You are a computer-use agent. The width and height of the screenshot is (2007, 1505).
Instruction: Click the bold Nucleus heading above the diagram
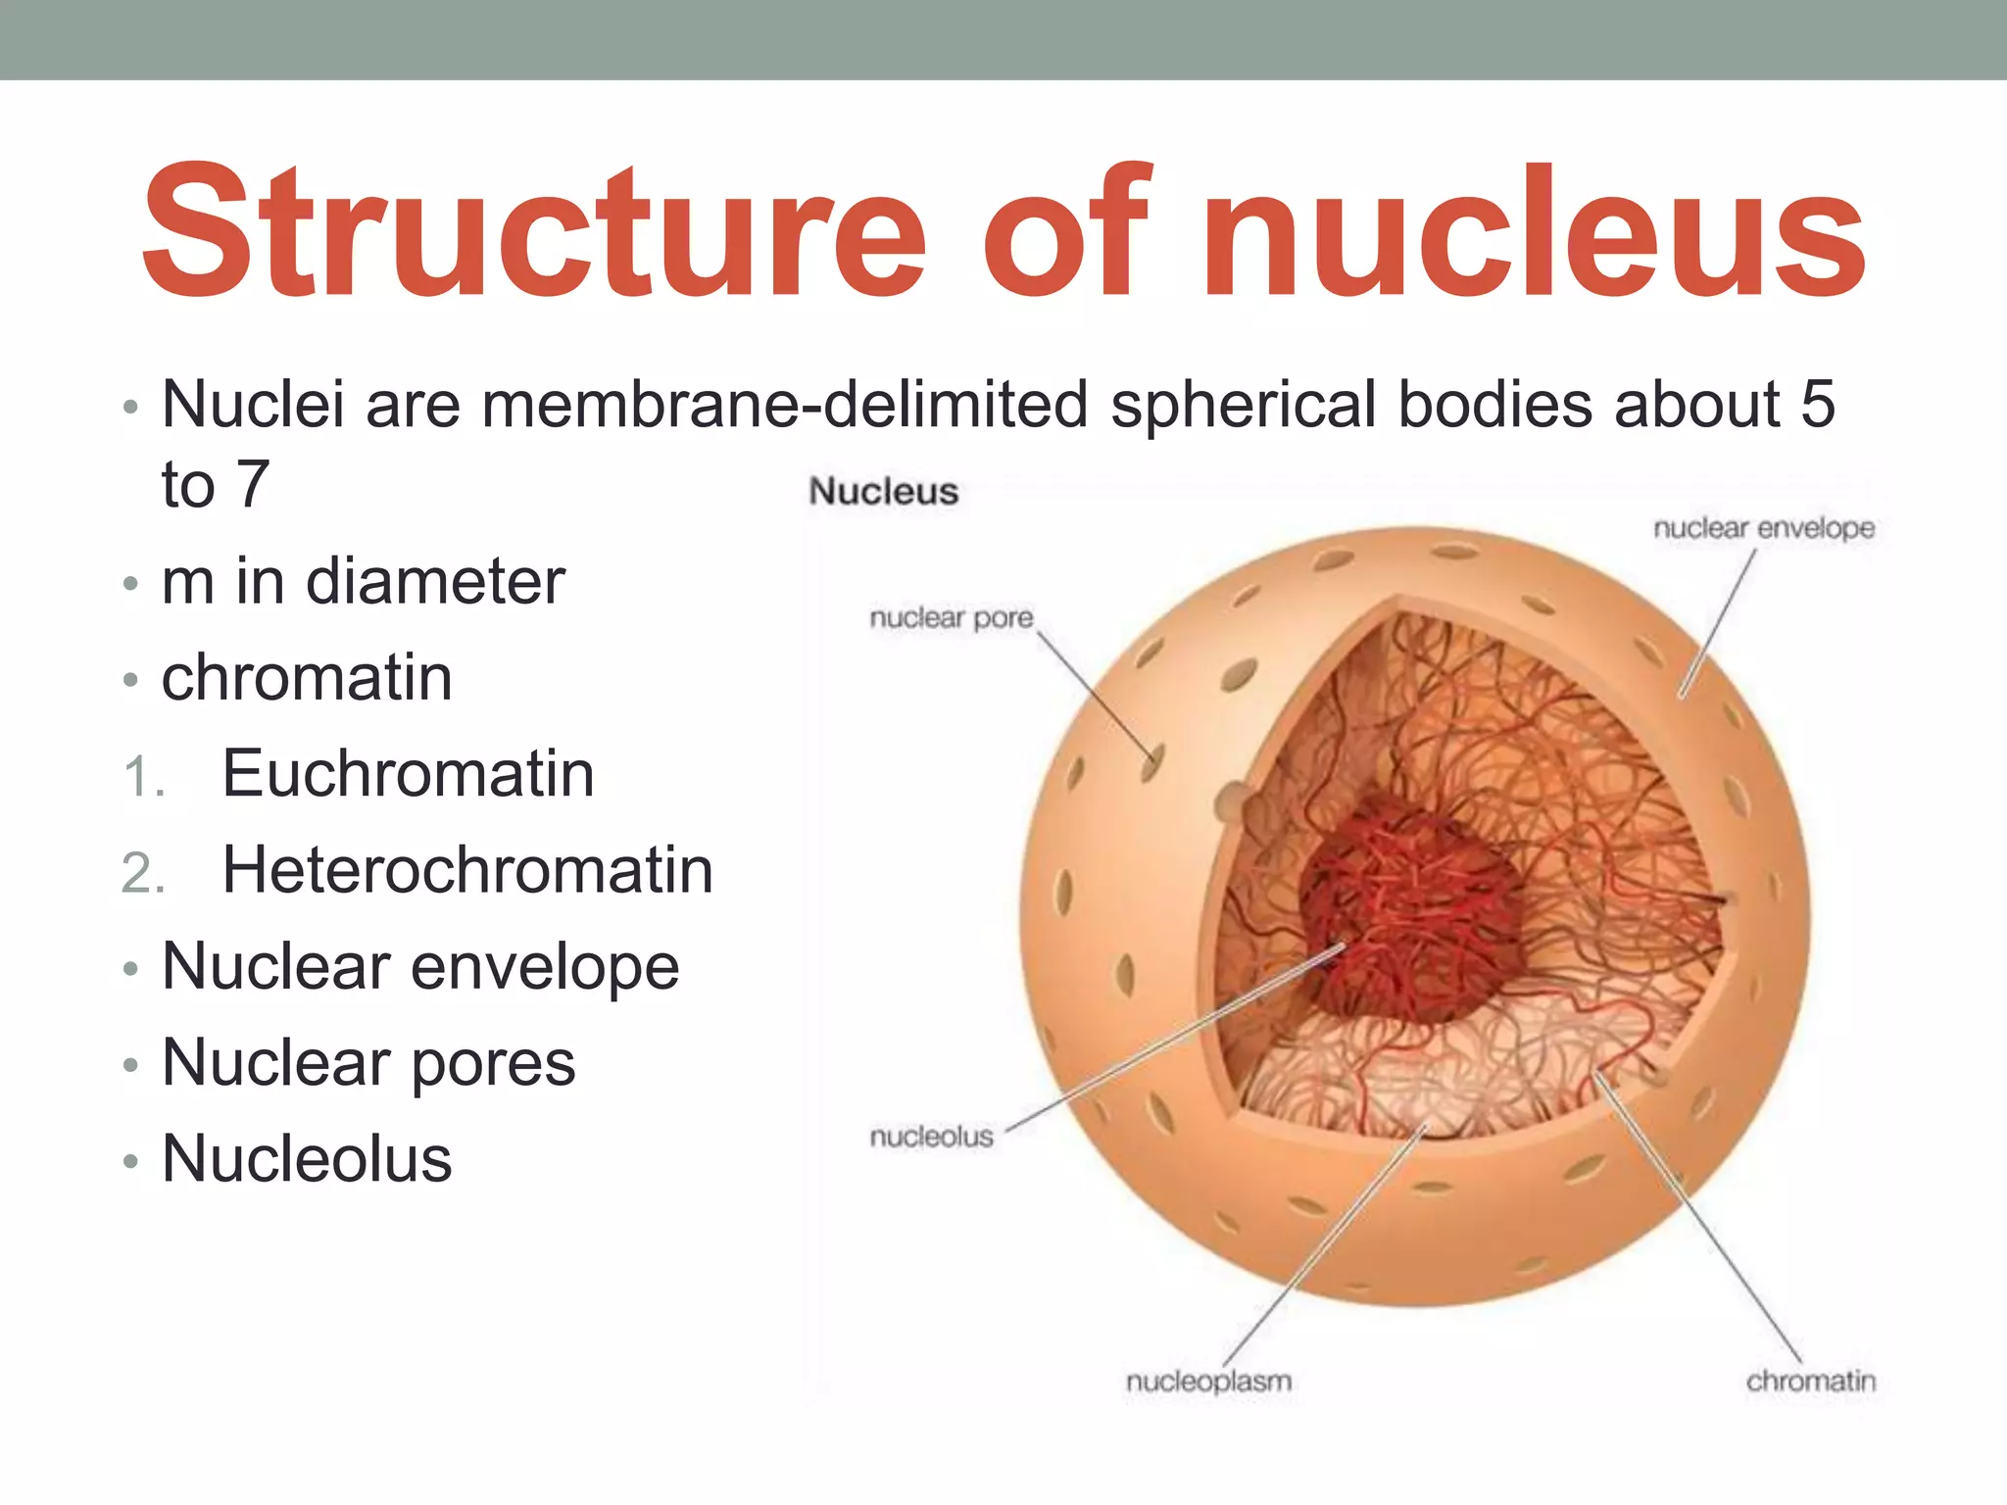[883, 491]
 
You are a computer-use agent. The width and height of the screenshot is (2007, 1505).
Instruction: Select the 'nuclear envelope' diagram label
[1763, 528]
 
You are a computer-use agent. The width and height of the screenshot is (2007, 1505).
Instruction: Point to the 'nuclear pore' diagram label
[952, 617]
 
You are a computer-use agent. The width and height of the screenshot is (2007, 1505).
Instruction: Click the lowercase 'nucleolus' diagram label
[931, 1137]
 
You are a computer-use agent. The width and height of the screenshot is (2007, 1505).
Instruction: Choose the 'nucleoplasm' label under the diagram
[1208, 1382]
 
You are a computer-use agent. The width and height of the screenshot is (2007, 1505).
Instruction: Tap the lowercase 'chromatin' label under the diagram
[1810, 1382]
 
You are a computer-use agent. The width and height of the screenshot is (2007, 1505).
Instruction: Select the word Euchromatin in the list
[408, 774]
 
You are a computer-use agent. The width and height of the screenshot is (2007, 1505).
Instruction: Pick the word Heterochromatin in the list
[467, 870]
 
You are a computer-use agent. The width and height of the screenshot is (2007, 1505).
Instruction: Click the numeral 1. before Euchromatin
[143, 778]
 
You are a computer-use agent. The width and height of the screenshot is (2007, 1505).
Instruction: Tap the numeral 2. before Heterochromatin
[143, 873]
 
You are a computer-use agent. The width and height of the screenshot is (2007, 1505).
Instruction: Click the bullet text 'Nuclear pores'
[368, 1063]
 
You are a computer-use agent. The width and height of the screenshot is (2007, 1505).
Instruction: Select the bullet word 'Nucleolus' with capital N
[307, 1159]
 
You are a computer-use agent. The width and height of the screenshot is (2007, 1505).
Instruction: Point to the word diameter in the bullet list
[435, 581]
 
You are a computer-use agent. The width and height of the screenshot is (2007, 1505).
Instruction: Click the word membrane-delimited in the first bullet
[785, 404]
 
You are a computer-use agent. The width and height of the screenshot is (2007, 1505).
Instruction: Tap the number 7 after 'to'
[253, 484]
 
